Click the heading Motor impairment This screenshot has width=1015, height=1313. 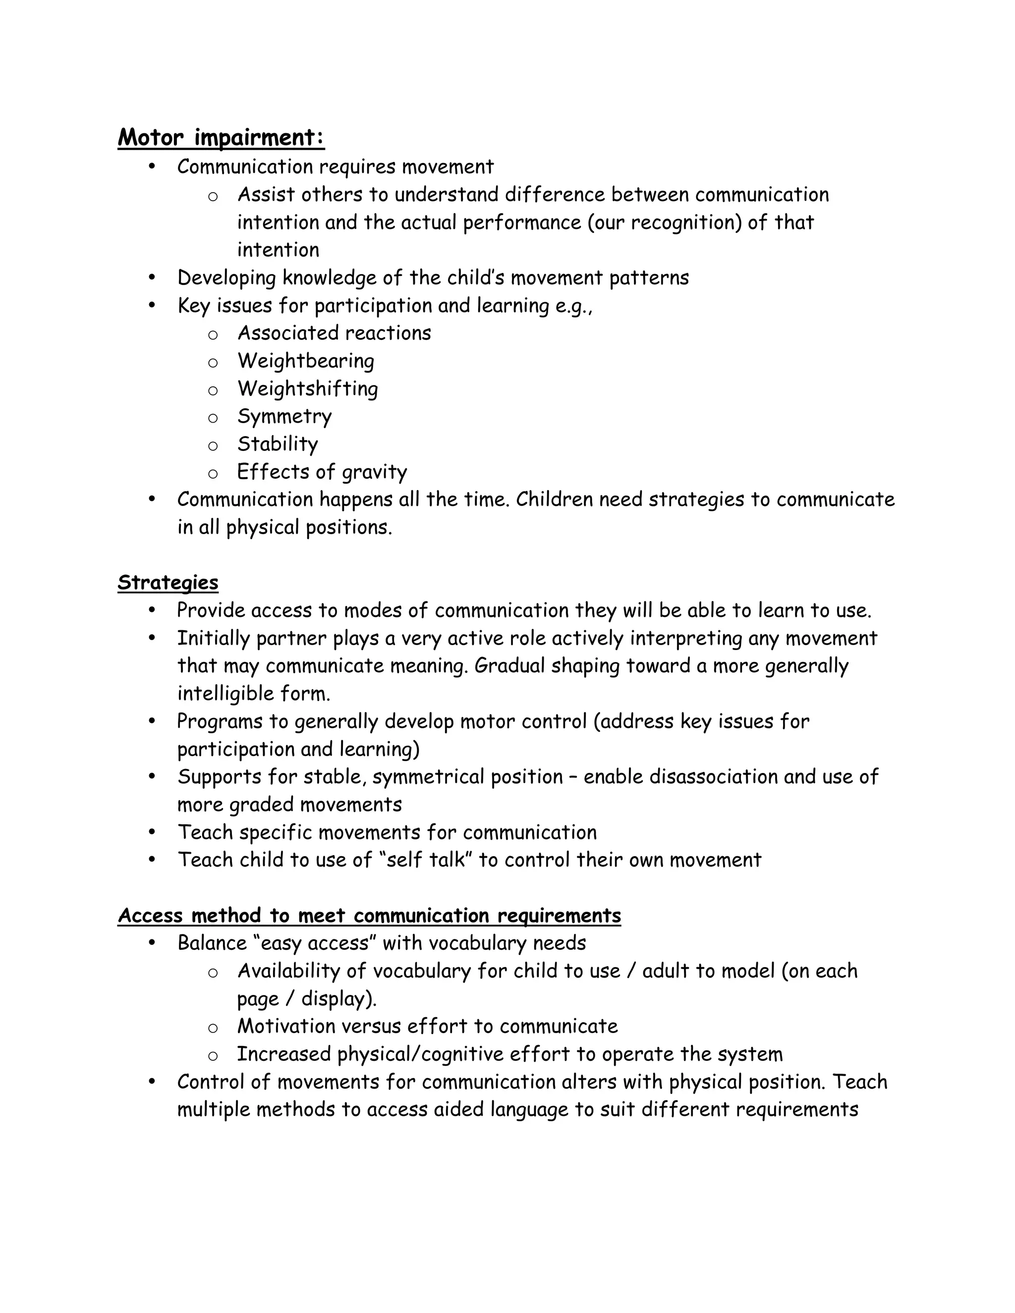click(x=221, y=138)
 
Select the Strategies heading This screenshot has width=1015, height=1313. click(x=168, y=583)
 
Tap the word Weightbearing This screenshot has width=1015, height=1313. click(x=305, y=361)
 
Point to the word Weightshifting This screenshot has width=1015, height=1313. click(x=307, y=388)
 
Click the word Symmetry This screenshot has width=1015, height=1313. click(x=284, y=416)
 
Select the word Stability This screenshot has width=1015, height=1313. click(x=277, y=443)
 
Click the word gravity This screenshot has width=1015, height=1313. click(x=374, y=472)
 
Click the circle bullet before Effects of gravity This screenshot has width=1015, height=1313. click(x=212, y=474)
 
